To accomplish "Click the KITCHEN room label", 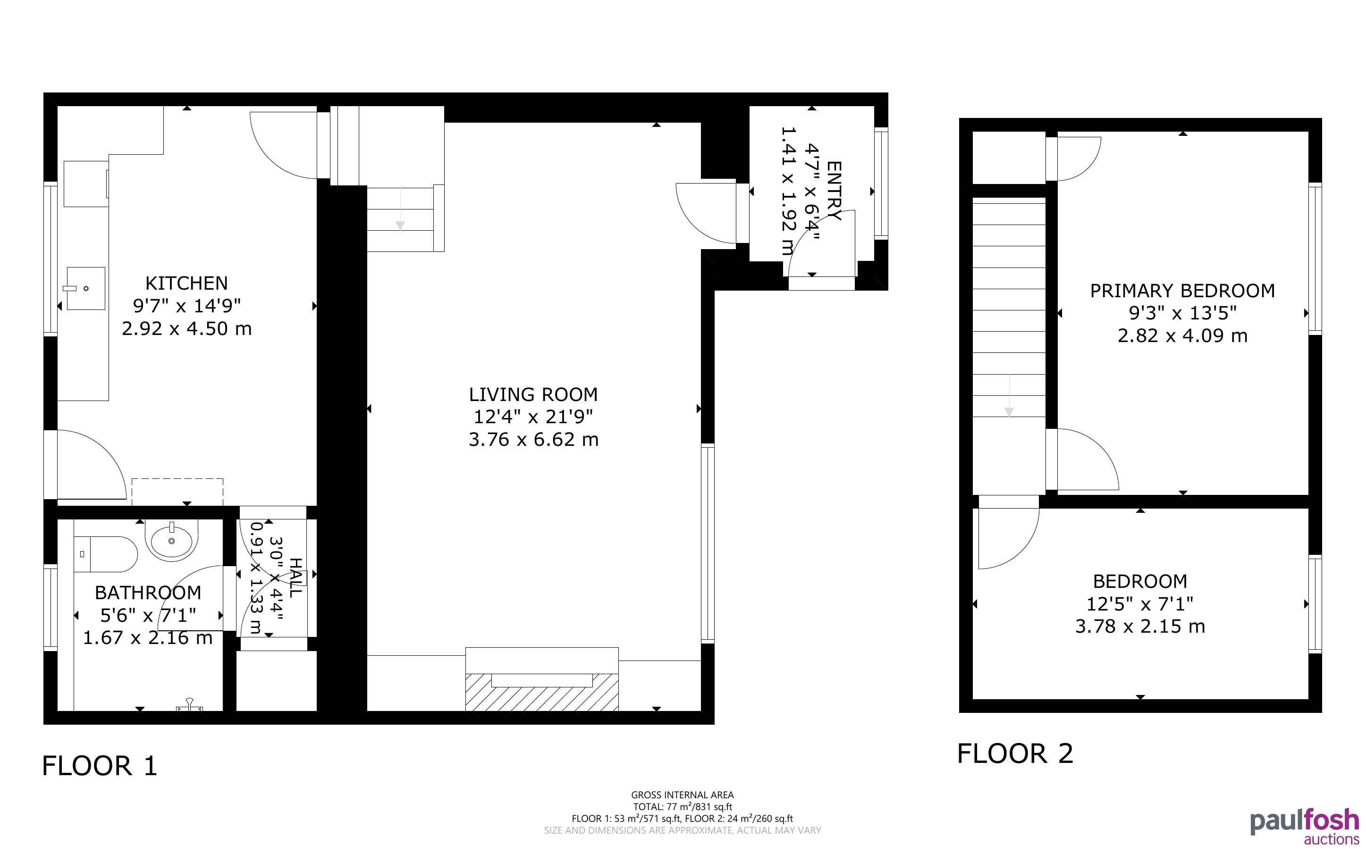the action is click(187, 283).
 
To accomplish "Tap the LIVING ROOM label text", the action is click(533, 394).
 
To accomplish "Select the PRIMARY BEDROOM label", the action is click(1183, 291).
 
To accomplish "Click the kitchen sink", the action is click(86, 288).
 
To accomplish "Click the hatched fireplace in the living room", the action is click(542, 692).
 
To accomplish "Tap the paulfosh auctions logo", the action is click(1305, 827).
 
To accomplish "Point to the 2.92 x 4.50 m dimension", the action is click(187, 328).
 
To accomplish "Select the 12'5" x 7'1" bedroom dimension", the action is click(1140, 603).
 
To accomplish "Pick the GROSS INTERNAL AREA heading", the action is click(682, 795).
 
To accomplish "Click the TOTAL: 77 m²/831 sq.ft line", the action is click(682, 807).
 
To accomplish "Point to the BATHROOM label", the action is click(148, 593).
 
